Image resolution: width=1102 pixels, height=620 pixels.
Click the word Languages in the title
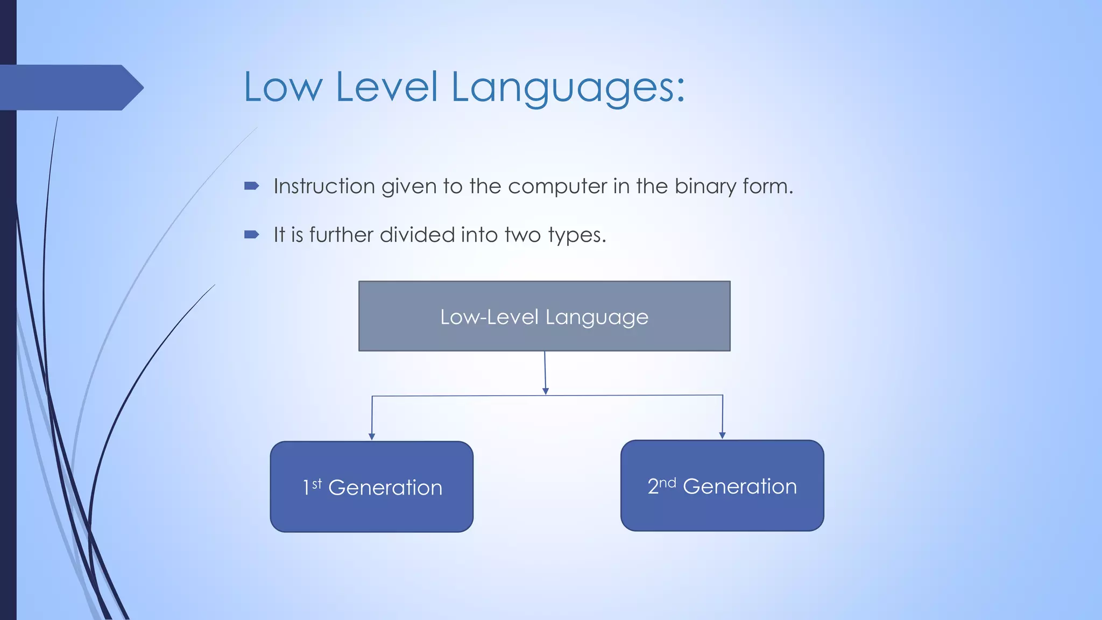(568, 87)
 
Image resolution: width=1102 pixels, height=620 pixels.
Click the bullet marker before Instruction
(251, 186)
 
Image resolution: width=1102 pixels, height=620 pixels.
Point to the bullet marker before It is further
(251, 235)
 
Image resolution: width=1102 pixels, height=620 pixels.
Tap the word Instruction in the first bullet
(324, 186)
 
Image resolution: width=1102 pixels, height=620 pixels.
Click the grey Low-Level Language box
(544, 316)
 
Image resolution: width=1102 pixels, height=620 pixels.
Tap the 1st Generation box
(371, 487)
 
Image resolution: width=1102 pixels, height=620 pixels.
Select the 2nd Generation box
(722, 486)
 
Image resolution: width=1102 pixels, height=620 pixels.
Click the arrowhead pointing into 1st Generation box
(371, 437)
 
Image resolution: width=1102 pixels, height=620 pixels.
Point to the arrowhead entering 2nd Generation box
(722, 435)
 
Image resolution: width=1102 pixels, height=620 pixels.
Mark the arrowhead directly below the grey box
(546, 391)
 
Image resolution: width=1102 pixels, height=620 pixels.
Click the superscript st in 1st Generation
(317, 483)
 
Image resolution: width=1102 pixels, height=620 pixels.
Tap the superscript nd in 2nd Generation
(668, 482)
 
